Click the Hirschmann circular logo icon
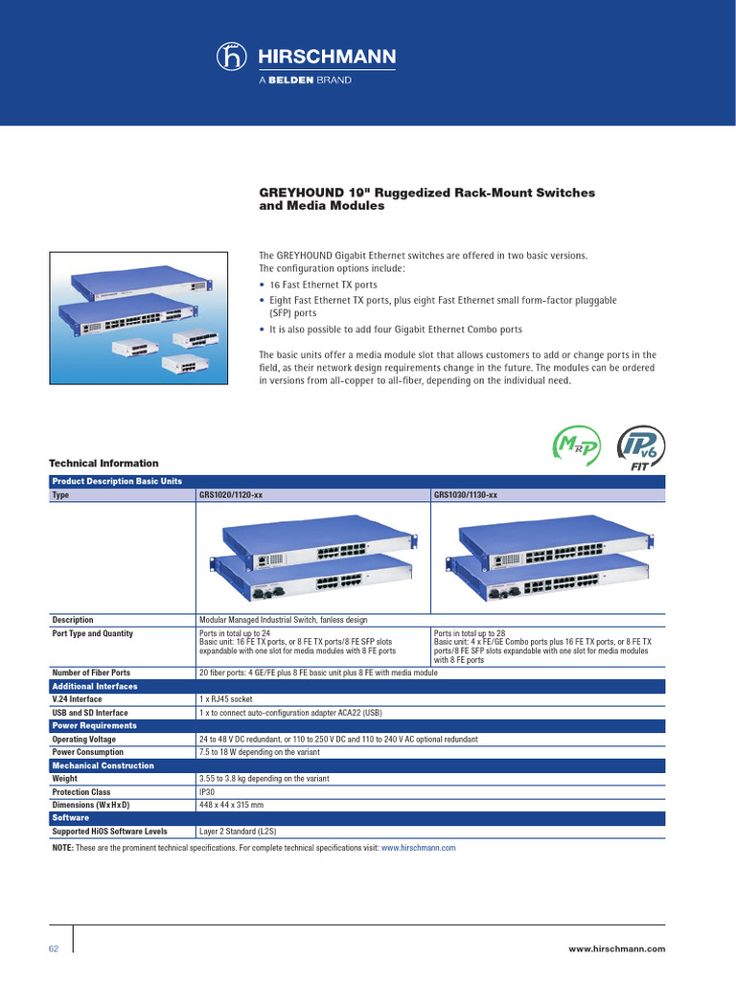235,58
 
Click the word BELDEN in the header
290,80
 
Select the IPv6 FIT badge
634,446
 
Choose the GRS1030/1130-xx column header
466,495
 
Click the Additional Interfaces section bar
94,686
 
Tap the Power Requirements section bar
94,726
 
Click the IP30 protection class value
207,792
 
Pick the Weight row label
66,779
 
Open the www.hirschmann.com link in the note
418,848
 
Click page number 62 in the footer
54,948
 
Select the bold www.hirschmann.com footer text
616,948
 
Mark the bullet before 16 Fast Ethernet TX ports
264,285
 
